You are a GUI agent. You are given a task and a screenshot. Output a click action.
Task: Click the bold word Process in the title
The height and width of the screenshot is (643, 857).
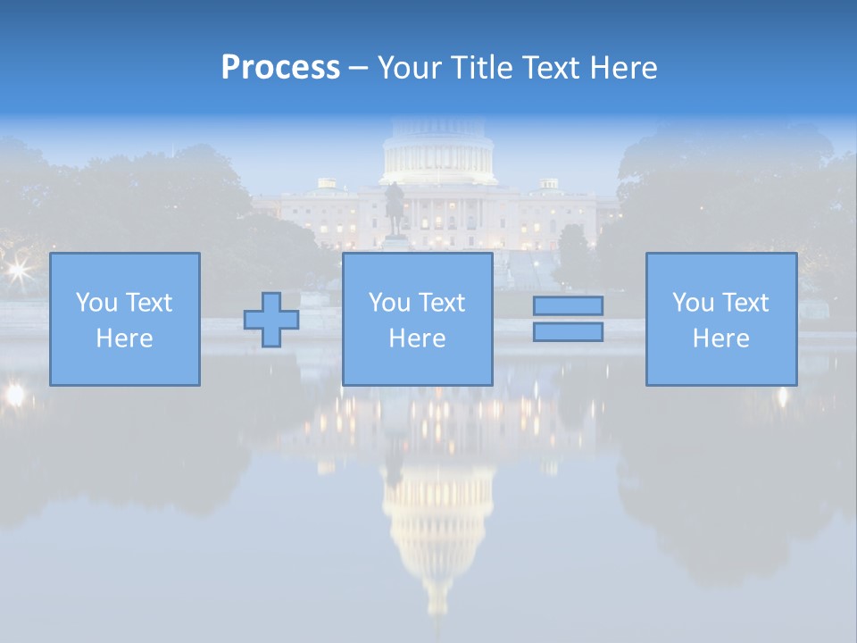click(x=280, y=68)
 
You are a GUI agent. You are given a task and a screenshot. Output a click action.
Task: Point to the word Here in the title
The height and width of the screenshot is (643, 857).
click(x=622, y=68)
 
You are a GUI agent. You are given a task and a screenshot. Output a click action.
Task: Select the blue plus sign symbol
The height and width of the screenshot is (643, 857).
click(x=271, y=320)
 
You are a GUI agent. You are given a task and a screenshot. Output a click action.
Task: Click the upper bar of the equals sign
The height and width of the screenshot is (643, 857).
click(x=568, y=305)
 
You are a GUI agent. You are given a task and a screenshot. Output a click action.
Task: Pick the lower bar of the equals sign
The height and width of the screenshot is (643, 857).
click(x=568, y=332)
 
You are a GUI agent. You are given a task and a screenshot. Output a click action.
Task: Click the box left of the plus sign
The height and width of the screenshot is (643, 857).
click(x=125, y=320)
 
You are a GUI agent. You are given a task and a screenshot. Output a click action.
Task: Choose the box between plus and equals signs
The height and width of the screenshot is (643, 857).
click(x=418, y=320)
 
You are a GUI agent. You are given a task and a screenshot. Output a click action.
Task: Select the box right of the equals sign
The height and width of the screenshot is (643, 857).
click(x=721, y=320)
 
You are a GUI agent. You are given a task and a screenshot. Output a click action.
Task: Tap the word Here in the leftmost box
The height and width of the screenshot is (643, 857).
click(x=124, y=338)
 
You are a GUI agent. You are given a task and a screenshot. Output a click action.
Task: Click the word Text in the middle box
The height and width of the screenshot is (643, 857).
click(x=442, y=303)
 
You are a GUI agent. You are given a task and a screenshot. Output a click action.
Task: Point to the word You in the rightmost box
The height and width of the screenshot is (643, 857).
click(x=693, y=303)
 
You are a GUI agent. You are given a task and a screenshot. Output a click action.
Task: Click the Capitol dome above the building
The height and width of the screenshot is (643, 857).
click(x=438, y=152)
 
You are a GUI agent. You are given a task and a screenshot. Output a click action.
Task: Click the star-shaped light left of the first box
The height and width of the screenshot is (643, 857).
click(x=17, y=269)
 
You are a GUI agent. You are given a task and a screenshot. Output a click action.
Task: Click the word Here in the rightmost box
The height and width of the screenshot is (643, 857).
click(x=720, y=338)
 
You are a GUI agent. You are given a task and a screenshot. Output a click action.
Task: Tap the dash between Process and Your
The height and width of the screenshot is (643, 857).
click(x=358, y=68)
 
